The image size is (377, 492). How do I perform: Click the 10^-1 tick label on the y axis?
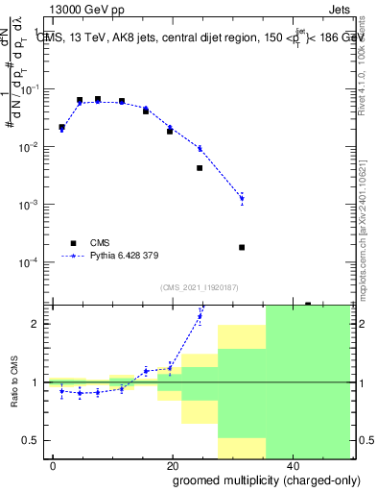pyautogui.click(x=35, y=89)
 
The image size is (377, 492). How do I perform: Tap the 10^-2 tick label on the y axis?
pyautogui.click(x=35, y=147)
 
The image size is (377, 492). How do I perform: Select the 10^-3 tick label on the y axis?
pyautogui.click(x=35, y=205)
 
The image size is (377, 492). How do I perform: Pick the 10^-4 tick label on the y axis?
pyautogui.click(x=35, y=262)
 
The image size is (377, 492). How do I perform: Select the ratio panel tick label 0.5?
pyautogui.click(x=36, y=440)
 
